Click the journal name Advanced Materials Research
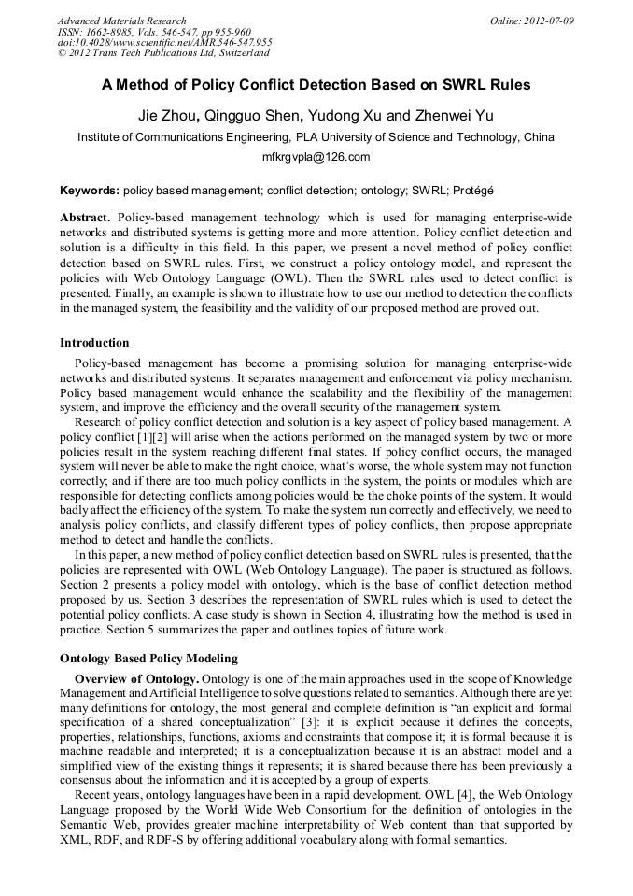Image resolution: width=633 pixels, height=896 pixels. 121,20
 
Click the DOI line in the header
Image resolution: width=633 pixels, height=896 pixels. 164,42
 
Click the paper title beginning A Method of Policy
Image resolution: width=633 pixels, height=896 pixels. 316,85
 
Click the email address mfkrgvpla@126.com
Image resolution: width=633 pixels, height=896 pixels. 316,157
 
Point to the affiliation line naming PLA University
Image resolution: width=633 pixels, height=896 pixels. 316,136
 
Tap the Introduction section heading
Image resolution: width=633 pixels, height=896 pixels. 94,343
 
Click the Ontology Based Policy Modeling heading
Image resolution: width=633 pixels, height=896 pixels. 148,659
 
